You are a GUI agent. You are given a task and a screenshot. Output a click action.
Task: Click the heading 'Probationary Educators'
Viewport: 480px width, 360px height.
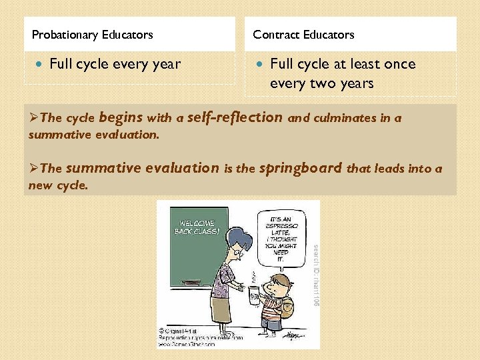tap(92, 35)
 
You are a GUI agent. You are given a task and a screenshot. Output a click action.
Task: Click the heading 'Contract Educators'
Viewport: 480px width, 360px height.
tap(303, 35)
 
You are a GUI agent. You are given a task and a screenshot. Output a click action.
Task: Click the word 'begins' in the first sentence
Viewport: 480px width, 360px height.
tap(121, 118)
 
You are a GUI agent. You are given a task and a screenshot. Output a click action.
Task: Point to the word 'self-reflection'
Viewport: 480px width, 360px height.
tap(235, 117)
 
